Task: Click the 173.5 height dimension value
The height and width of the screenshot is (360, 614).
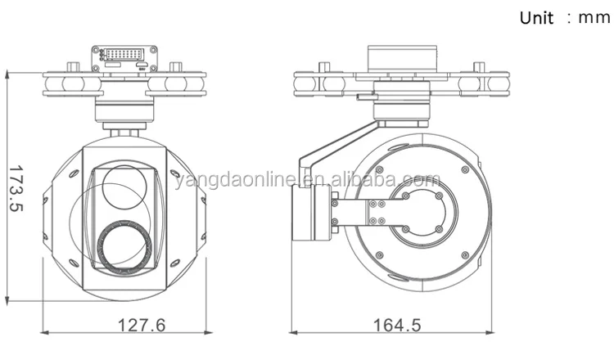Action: click(16, 188)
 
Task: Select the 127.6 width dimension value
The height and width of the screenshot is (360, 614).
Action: click(142, 325)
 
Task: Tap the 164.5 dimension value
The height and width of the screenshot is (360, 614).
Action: click(397, 325)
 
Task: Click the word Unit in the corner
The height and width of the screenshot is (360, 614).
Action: click(536, 18)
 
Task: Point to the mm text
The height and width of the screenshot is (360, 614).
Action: click(594, 18)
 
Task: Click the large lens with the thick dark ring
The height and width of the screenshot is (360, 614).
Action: click(125, 246)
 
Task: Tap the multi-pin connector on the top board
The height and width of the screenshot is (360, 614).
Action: click(124, 54)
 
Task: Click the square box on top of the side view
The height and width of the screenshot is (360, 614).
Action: click(401, 59)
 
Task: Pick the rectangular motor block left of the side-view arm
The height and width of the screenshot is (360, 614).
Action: click(312, 212)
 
